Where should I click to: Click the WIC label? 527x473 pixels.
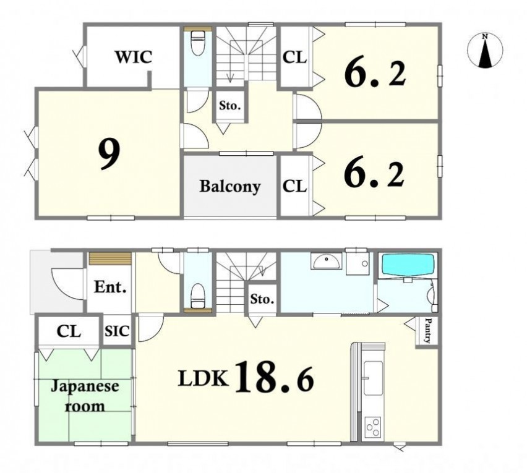click(134, 57)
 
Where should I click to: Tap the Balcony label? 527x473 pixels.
click(230, 187)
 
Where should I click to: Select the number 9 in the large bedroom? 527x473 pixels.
click(109, 155)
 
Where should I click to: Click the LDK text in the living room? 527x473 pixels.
click(204, 378)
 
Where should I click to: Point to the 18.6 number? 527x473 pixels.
click(275, 377)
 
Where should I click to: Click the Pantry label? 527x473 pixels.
click(427, 331)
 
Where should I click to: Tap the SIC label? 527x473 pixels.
click(117, 331)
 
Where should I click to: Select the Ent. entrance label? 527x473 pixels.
click(110, 288)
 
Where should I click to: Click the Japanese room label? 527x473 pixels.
click(85, 396)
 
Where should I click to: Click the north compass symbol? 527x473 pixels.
click(485, 50)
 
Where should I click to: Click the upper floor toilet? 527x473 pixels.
click(198, 43)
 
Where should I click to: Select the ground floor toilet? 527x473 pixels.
click(198, 296)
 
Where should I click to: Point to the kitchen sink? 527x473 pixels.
click(373, 378)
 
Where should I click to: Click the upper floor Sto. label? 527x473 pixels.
click(230, 106)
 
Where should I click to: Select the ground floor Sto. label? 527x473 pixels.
click(262, 299)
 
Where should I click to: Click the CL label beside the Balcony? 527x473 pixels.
click(295, 185)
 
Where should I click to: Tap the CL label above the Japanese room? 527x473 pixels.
click(69, 331)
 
